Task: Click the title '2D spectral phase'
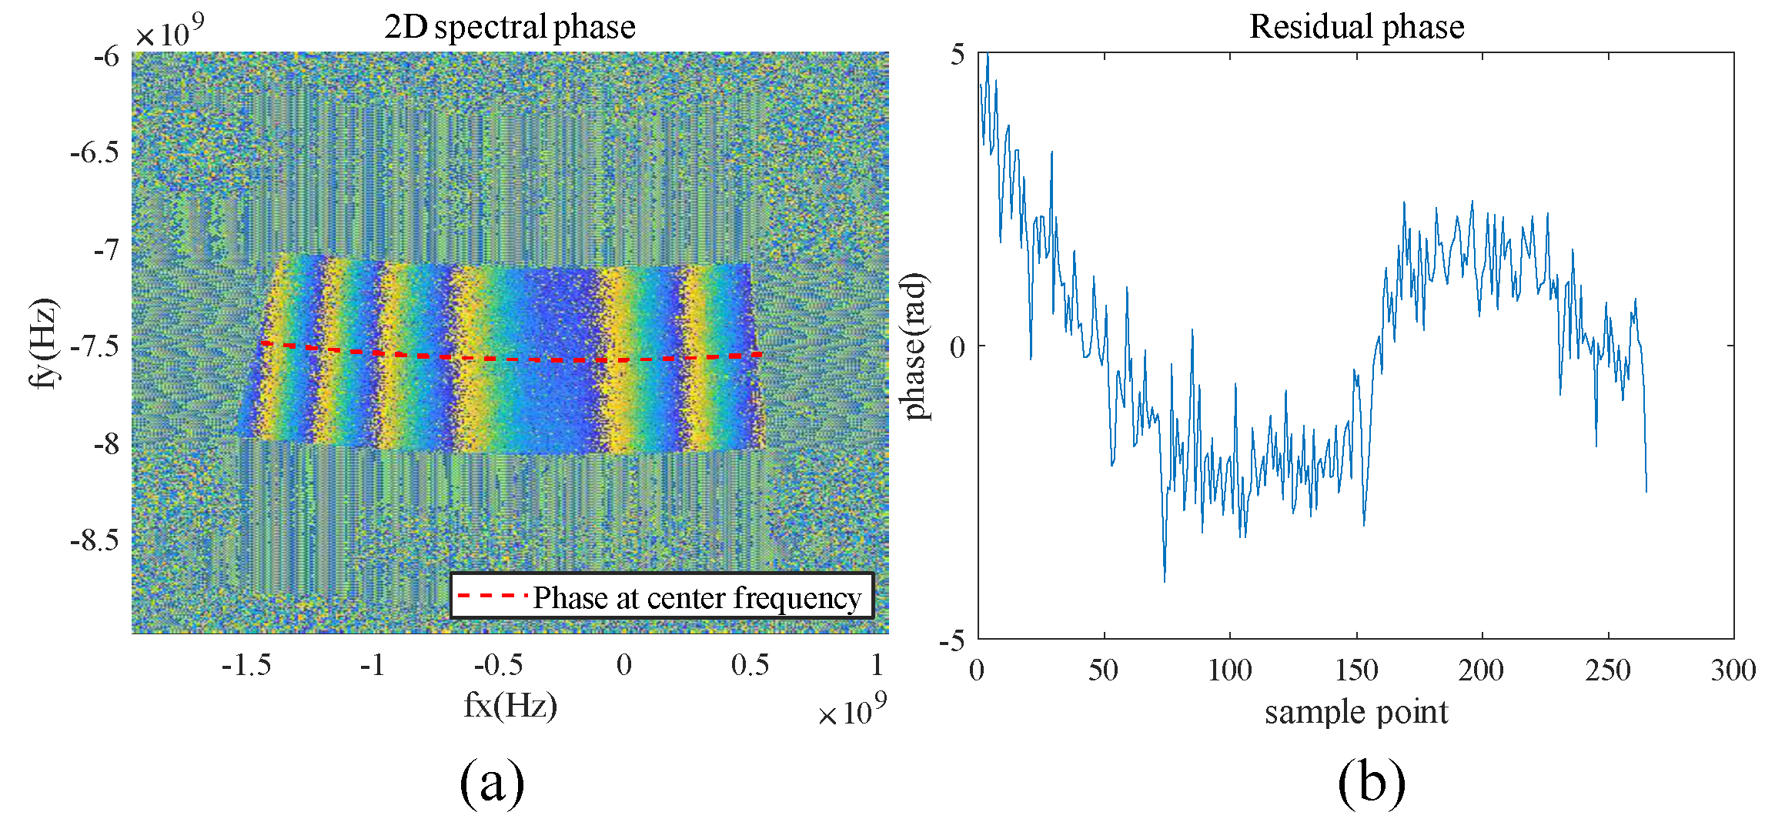[x=510, y=27]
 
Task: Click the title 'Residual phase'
[x=1356, y=27]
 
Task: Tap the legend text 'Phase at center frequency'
[x=697, y=597]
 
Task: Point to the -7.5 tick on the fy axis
[x=95, y=346]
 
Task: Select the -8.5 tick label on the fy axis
[x=95, y=540]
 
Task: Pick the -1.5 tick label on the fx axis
[x=246, y=665]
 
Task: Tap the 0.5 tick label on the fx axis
[x=750, y=665]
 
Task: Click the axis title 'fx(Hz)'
[x=510, y=705]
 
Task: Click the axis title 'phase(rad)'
[x=914, y=346]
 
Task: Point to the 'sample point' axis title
[x=1356, y=712]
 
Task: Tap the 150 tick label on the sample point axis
[x=1356, y=670]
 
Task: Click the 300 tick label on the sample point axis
[x=1733, y=670]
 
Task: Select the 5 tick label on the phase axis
[x=958, y=55]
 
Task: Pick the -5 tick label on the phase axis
[x=952, y=640]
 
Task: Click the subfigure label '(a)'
[x=492, y=783]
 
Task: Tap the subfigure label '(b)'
[x=1372, y=783]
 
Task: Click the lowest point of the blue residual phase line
[x=1165, y=581]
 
